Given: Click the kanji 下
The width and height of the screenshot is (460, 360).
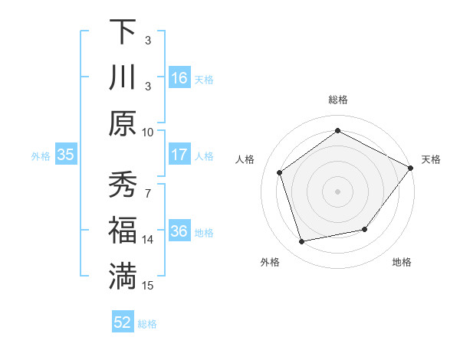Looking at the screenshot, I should coord(123,31).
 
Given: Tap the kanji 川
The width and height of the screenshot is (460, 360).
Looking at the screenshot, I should coord(123,77).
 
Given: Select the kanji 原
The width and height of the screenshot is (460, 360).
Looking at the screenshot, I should coord(123,123).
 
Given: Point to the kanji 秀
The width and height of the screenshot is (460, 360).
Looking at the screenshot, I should coord(123,185).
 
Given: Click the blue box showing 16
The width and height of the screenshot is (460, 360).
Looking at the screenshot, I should coord(179,78).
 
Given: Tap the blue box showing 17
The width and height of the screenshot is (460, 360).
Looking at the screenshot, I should coord(179,155).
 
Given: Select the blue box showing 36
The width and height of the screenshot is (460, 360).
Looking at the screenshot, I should coord(179,231).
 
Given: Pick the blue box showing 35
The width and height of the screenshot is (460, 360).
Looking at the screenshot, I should coord(66,155).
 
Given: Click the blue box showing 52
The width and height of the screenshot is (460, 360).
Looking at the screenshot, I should coord(123,322).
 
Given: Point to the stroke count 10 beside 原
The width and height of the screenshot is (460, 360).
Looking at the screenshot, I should coord(148,132).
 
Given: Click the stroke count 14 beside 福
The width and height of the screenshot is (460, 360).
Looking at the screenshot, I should coord(148,240).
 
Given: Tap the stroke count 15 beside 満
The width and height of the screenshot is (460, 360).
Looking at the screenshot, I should coord(148,286).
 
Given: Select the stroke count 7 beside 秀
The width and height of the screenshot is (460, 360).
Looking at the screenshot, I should coord(148,186).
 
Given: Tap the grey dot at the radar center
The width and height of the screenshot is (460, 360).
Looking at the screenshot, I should coord(338,191).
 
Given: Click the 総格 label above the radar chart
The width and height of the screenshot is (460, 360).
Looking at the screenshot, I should coord(338,100).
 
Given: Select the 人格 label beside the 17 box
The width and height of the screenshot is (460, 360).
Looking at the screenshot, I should coord(204,155).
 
